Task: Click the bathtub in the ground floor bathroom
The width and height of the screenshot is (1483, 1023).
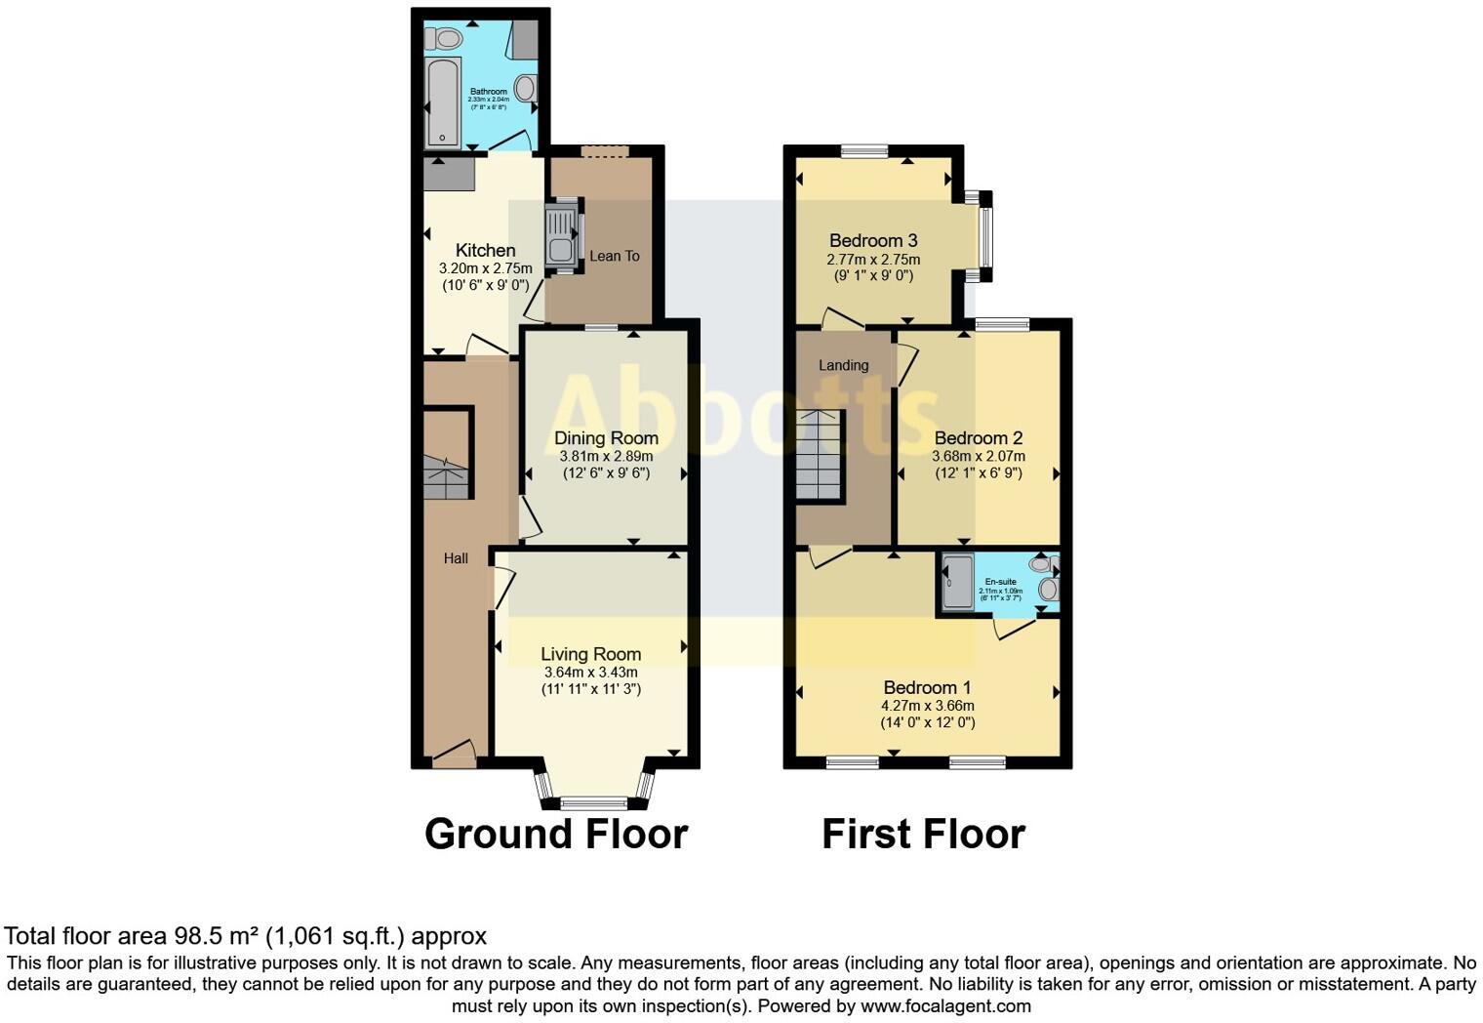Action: (x=443, y=102)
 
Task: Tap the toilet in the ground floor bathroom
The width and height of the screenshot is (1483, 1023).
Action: (x=447, y=39)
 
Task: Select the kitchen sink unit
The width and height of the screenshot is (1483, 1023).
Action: (x=562, y=235)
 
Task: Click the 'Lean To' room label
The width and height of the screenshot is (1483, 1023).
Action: (x=615, y=256)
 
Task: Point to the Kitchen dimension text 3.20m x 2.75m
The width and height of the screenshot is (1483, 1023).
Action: (x=485, y=268)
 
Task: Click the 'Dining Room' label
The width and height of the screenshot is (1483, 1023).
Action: (x=606, y=438)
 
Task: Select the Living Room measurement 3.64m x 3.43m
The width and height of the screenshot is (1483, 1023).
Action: (x=590, y=673)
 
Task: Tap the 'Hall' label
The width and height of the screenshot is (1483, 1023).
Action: (x=456, y=558)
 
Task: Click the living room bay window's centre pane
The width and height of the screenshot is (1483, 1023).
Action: (x=594, y=803)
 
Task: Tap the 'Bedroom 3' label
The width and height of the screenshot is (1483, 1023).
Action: (x=873, y=240)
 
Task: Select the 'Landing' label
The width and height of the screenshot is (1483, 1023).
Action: (x=843, y=365)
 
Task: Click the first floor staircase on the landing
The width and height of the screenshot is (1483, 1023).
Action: (x=819, y=455)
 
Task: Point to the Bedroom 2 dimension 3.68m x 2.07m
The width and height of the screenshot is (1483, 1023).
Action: (x=978, y=456)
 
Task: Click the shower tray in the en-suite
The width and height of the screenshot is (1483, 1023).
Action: (x=957, y=584)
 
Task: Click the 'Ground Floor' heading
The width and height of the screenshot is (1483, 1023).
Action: (x=556, y=835)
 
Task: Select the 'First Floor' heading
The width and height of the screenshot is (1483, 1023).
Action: (x=923, y=835)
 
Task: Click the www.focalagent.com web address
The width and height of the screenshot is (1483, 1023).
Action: (x=945, y=1005)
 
